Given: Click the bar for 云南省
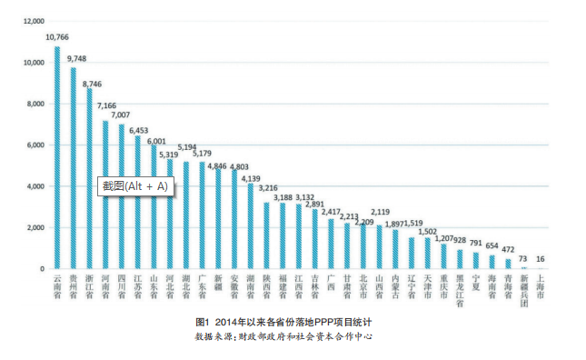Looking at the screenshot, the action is pyautogui.click(x=57, y=157).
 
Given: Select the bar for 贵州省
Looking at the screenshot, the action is pyautogui.click(x=74, y=168).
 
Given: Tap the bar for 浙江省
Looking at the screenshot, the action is pyautogui.click(x=89, y=178).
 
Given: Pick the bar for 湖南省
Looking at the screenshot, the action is pyautogui.click(x=251, y=225).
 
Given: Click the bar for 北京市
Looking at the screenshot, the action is pyautogui.click(x=363, y=246).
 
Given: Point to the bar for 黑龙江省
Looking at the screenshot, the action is pyautogui.click(x=460, y=259).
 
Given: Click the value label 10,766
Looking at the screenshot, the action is pyautogui.click(x=57, y=37).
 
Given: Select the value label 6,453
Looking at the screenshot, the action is pyautogui.click(x=139, y=131).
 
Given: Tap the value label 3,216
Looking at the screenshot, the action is pyautogui.click(x=268, y=188).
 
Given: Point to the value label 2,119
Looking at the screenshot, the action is pyautogui.click(x=381, y=212).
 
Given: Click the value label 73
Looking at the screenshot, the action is pyautogui.click(x=522, y=259).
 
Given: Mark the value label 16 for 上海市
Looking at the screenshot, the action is pyautogui.click(x=541, y=259).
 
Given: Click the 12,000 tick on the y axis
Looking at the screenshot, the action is pyautogui.click(x=34, y=21).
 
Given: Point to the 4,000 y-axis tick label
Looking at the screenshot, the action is pyautogui.click(x=35, y=186).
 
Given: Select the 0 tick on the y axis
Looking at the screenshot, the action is pyautogui.click(x=42, y=269).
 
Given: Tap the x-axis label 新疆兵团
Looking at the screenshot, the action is pyautogui.click(x=524, y=291).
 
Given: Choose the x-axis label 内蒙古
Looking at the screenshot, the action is pyautogui.click(x=395, y=286).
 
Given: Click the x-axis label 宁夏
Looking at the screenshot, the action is pyautogui.click(x=476, y=283).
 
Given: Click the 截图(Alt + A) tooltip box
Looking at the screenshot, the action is pyautogui.click(x=135, y=186).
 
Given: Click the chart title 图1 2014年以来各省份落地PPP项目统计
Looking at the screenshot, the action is pyautogui.click(x=283, y=322).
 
